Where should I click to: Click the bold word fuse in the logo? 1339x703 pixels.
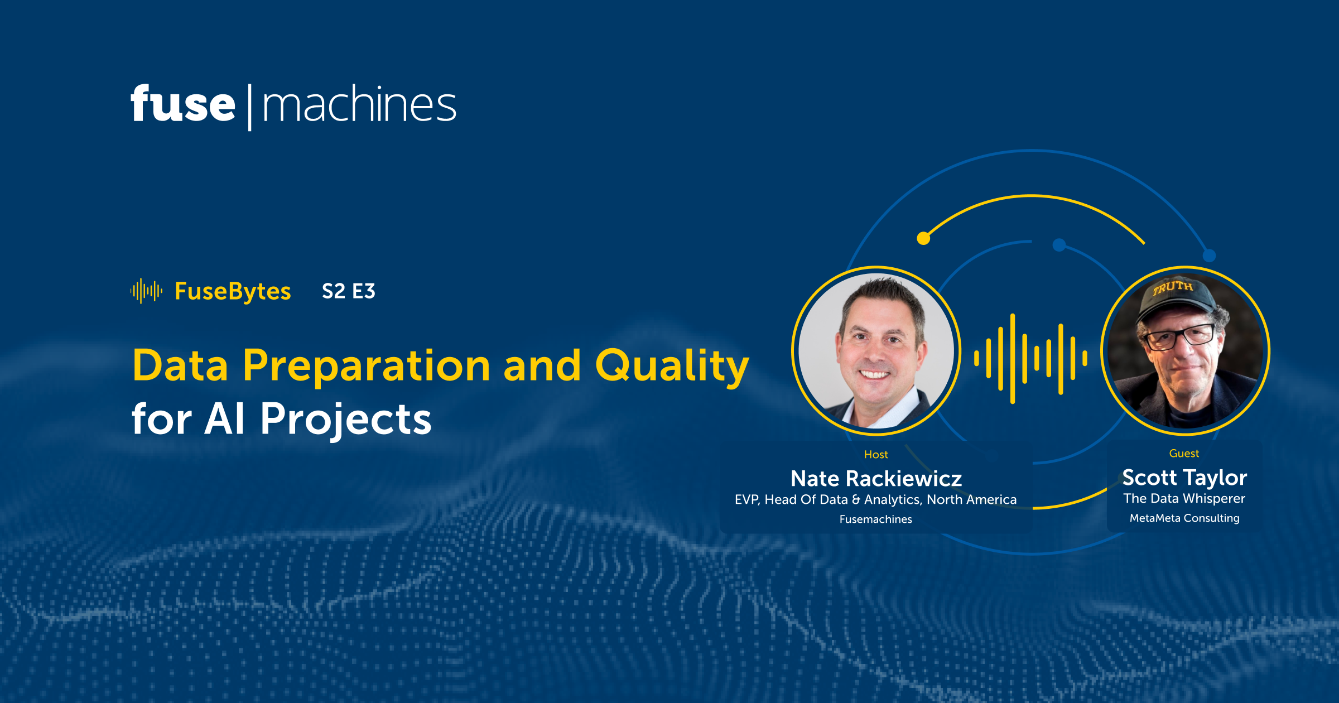[183, 104]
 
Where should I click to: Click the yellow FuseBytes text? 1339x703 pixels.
[233, 291]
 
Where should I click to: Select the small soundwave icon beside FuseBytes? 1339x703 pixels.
[146, 291]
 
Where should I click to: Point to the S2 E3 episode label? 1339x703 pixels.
[349, 291]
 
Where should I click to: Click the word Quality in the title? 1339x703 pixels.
[672, 366]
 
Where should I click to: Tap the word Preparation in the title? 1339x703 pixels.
[367, 366]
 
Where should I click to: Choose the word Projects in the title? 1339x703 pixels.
[346, 419]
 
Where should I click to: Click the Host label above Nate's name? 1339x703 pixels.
[876, 455]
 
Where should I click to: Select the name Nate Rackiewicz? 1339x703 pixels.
[876, 479]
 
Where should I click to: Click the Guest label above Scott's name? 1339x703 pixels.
[1184, 454]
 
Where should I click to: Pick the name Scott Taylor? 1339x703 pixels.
[1184, 478]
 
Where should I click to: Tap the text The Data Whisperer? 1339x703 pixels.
[1184, 498]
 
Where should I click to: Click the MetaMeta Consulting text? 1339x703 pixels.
[1184, 518]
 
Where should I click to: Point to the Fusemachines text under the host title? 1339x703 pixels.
[876, 519]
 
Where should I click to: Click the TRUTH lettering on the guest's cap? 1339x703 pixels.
[1173, 288]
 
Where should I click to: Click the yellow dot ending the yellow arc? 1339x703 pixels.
[923, 239]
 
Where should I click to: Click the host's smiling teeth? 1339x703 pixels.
[874, 374]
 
